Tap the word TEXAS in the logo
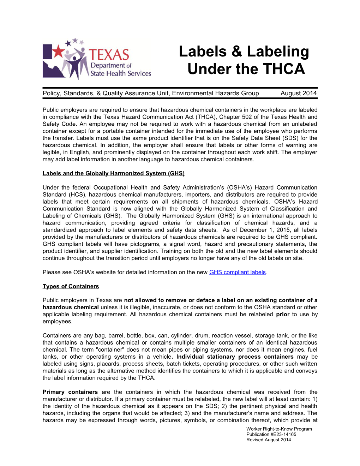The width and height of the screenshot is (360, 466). click(x=109, y=55)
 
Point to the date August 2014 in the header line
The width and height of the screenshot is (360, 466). click(x=299, y=93)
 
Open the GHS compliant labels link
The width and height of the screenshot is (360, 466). click(x=237, y=272)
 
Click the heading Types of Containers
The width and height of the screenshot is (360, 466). click(x=71, y=286)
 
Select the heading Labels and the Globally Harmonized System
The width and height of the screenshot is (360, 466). click(x=113, y=173)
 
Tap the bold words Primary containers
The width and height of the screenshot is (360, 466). click(x=70, y=392)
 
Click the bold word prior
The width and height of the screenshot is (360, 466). click(x=283, y=314)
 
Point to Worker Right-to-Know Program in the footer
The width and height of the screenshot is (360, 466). click(x=279, y=429)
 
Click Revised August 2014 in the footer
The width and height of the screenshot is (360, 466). click(x=269, y=440)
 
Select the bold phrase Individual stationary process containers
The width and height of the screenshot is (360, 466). click(x=235, y=357)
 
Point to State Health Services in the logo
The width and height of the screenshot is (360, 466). click(x=121, y=73)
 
